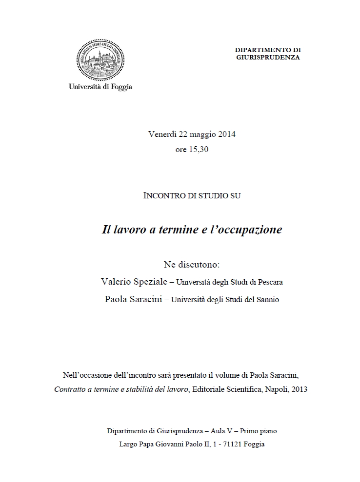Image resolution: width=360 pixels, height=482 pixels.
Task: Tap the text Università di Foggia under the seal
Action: (100, 87)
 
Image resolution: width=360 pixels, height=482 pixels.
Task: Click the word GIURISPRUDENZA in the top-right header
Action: (268, 57)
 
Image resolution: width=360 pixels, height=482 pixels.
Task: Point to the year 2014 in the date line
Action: (227, 135)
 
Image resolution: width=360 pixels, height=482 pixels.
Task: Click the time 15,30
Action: (199, 150)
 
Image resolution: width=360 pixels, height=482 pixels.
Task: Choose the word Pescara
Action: (269, 282)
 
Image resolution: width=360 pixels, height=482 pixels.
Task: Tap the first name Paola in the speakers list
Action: (115, 299)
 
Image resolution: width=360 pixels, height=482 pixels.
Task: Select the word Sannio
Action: (267, 300)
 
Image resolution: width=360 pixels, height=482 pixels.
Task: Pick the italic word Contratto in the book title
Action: (70, 390)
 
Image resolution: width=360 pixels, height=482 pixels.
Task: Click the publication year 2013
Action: (299, 390)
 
